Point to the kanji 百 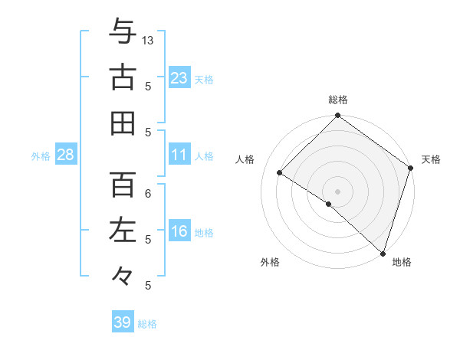123,185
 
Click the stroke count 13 149,40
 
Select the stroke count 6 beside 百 149,194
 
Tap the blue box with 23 179,77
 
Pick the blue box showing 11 179,155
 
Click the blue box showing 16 179,232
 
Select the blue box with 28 65,155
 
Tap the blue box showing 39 123,322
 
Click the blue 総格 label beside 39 148,324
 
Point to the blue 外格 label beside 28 41,156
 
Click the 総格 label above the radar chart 338,100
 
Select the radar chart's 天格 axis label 431,159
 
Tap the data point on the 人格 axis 280,172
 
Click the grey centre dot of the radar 337,191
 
